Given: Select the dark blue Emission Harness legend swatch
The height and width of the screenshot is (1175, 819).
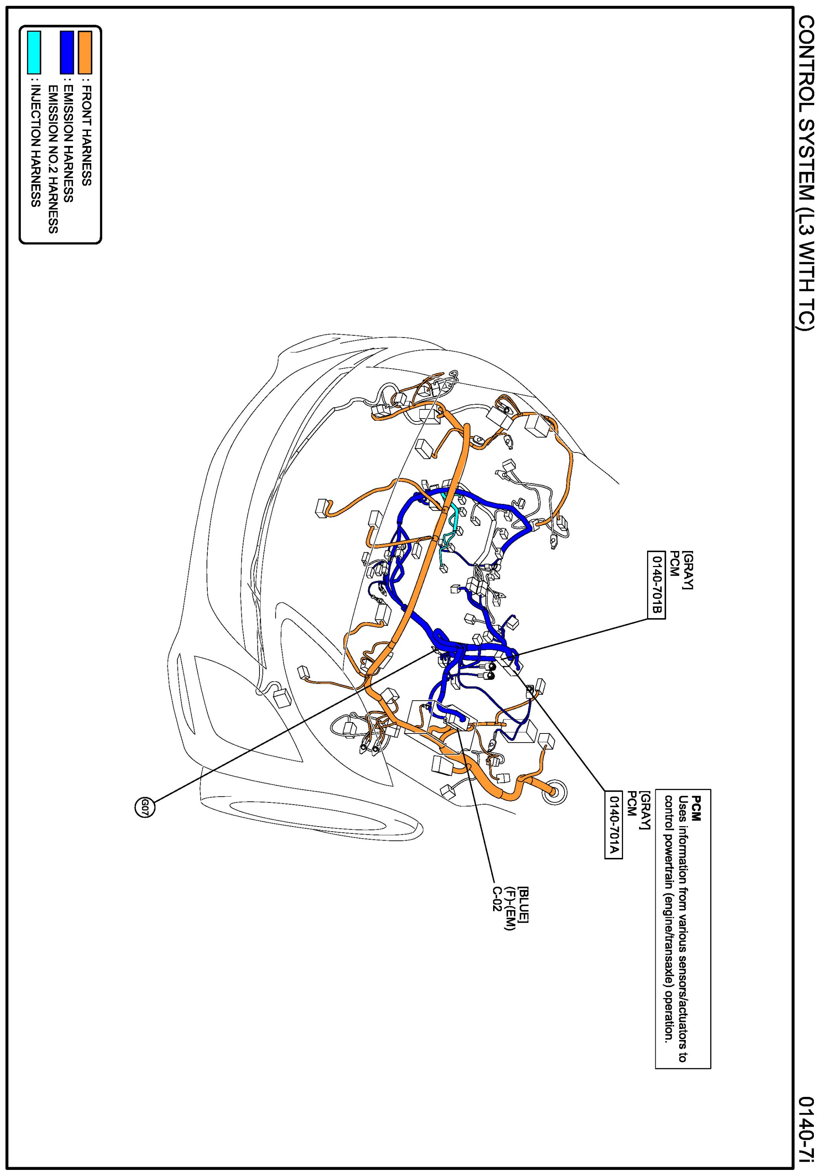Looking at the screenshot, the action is click(x=66, y=53).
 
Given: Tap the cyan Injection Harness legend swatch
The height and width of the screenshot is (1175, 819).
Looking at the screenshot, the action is click(x=34, y=53).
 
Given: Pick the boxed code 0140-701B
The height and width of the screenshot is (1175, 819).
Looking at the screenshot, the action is click(x=656, y=584).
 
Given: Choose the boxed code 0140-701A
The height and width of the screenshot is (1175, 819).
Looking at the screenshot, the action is click(x=613, y=825).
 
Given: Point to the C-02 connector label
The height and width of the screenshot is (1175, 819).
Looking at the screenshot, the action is click(x=497, y=898).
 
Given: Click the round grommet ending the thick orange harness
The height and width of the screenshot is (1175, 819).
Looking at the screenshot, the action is click(x=555, y=792).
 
